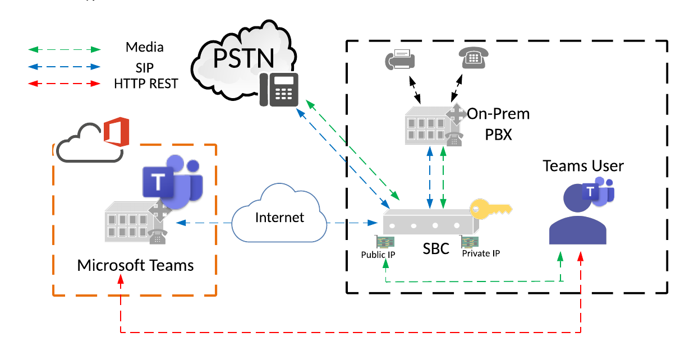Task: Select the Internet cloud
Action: click(279, 218)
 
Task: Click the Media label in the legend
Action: click(145, 47)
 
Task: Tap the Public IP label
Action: click(378, 255)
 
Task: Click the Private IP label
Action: click(481, 253)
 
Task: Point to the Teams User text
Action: click(583, 166)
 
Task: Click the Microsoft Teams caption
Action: click(135, 265)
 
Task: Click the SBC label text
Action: click(436, 248)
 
